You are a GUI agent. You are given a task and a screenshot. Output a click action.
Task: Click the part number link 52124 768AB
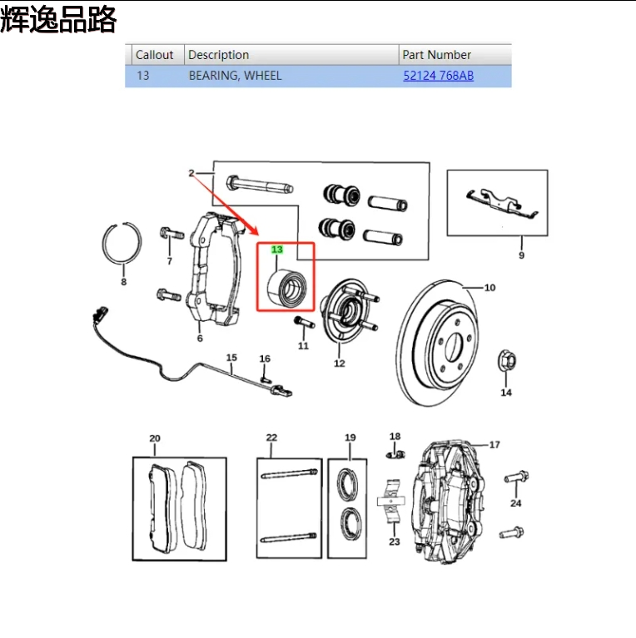(438, 76)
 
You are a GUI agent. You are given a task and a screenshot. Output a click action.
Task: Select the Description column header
(218, 55)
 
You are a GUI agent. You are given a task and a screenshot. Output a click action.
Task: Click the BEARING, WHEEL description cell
(235, 76)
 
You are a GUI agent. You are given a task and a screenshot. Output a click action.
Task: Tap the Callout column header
(154, 55)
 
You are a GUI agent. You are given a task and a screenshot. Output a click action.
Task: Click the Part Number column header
(436, 55)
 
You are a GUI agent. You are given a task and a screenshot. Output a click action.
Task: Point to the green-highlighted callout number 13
(277, 250)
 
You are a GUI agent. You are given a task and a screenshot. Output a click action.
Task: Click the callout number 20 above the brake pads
(154, 438)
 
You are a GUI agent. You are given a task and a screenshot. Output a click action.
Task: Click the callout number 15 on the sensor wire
(232, 358)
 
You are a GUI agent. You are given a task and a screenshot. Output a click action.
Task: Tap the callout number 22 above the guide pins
(271, 438)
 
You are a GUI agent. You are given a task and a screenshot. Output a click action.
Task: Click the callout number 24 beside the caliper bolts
(516, 503)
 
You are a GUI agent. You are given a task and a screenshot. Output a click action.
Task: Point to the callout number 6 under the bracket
(200, 338)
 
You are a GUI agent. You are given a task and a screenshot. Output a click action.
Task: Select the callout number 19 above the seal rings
(350, 438)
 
